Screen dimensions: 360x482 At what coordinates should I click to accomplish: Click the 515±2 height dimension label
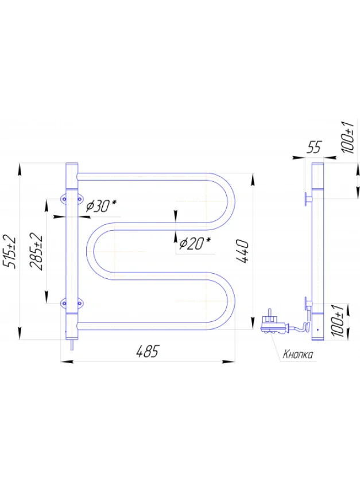pos(9,251)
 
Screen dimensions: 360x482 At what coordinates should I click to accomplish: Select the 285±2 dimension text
pos(36,251)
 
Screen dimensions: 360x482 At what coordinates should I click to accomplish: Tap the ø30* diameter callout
pos(101,206)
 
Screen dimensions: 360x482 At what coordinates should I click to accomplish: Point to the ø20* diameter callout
pos(195,243)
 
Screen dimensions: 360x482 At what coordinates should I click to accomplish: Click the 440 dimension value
pos(242,251)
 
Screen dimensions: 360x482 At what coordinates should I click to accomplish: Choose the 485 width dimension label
pos(148,351)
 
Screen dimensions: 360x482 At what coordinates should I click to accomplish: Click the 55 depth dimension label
pos(314,147)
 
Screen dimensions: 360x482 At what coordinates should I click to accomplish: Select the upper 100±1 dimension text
pos(348,137)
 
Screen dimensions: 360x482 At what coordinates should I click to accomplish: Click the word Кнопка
pos(297,355)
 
